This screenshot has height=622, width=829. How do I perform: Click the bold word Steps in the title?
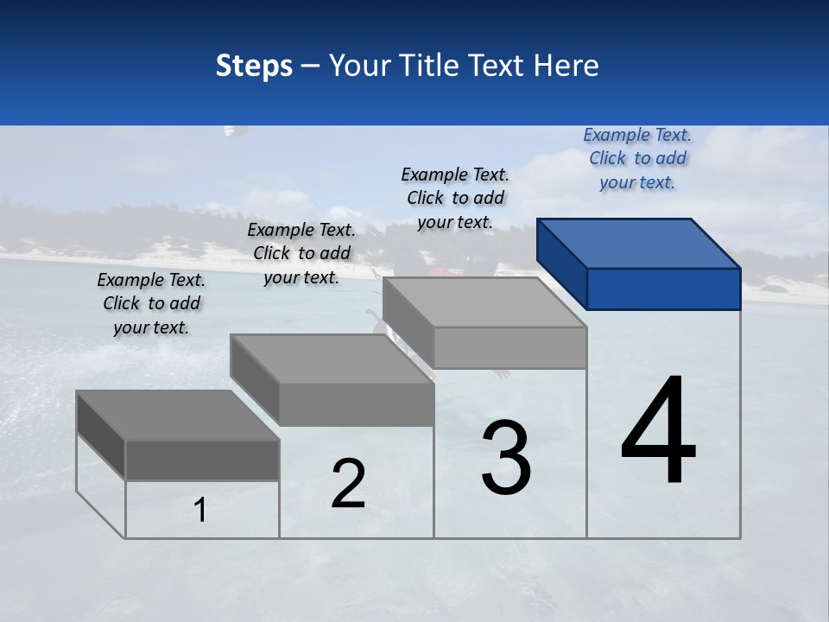point(254,66)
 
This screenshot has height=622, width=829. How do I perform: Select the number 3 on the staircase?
point(506,458)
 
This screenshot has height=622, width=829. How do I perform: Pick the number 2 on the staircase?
point(348,484)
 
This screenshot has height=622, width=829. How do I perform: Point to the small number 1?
point(200,511)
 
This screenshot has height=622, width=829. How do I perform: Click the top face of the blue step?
point(638,243)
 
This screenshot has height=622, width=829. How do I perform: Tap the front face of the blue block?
point(663,289)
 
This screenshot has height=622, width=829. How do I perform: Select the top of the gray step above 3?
point(484,302)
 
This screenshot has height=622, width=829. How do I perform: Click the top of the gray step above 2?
point(332,359)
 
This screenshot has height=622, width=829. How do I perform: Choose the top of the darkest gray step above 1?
point(178,416)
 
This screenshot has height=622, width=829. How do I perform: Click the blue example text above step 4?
point(637,158)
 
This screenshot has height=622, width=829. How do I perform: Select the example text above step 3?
point(455,198)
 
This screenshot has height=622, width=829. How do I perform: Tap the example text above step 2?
point(301,253)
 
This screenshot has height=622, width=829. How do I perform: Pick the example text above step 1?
point(151,303)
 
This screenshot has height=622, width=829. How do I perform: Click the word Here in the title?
point(566,66)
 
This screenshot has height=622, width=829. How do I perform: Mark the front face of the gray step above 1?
point(202,460)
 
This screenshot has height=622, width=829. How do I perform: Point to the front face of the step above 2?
point(356,404)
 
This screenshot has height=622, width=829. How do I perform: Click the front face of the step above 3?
point(509,347)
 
